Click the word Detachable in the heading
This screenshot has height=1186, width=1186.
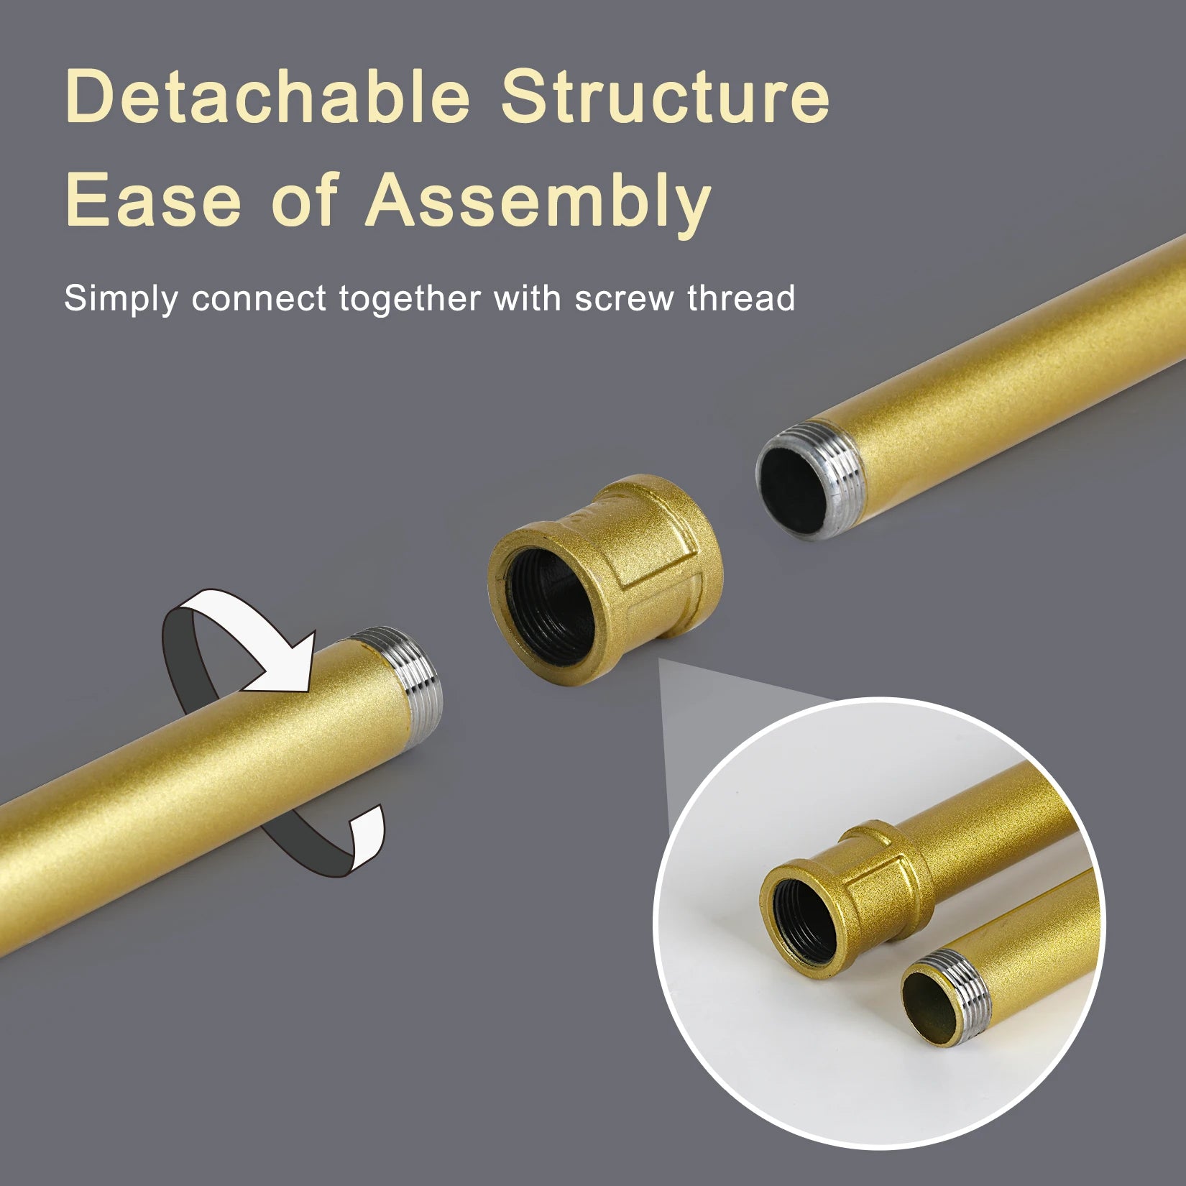coord(267,96)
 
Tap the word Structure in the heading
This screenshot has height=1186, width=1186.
coord(666,96)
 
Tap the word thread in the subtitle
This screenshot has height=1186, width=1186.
coord(741,298)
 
